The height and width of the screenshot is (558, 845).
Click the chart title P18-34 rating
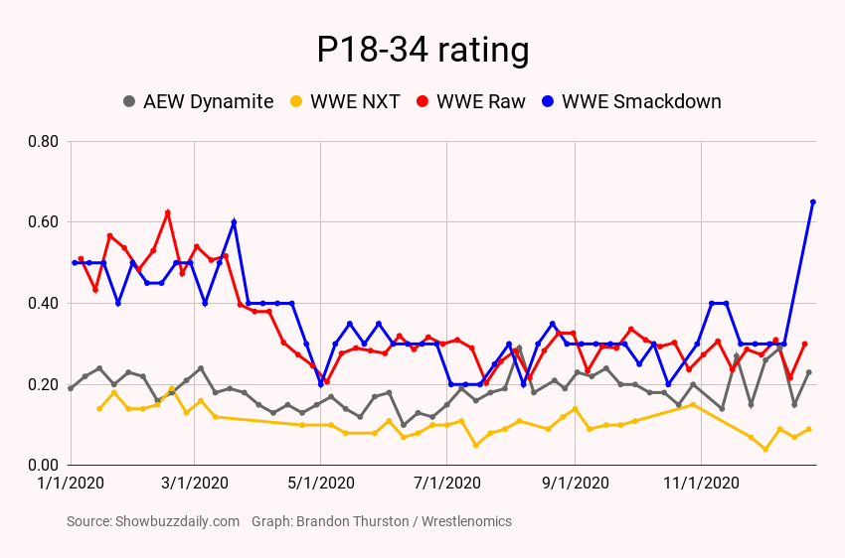pyautogui.click(x=422, y=51)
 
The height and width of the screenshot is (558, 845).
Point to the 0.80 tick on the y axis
pyautogui.click(x=44, y=141)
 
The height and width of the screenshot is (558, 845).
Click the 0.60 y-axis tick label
pyautogui.click(x=44, y=222)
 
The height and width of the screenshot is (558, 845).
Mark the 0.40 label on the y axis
pyautogui.click(x=44, y=303)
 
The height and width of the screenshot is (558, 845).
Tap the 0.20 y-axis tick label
pyautogui.click(x=44, y=384)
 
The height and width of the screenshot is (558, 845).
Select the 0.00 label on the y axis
pyautogui.click(x=44, y=465)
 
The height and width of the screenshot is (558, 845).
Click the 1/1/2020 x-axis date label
pyautogui.click(x=71, y=484)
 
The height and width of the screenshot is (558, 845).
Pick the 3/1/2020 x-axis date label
pyautogui.click(x=194, y=484)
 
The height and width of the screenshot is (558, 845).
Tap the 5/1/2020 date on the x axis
pyautogui.click(x=320, y=484)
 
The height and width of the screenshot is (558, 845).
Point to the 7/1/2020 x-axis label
pyautogui.click(x=446, y=484)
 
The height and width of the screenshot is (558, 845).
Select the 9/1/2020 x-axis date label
pyautogui.click(x=575, y=484)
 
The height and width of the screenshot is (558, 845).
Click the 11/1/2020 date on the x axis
pyautogui.click(x=701, y=484)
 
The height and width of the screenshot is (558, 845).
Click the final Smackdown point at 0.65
pyautogui.click(x=813, y=202)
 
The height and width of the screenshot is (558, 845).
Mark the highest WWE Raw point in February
pyautogui.click(x=167, y=212)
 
